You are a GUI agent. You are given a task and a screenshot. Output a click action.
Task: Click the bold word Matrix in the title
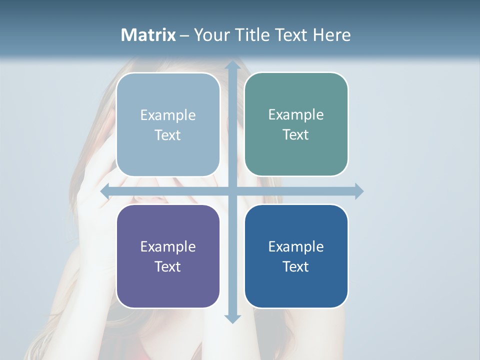tap(148, 35)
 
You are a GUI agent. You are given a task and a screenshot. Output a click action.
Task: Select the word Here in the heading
tap(331, 35)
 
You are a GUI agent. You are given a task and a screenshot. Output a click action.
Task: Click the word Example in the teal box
tap(296, 114)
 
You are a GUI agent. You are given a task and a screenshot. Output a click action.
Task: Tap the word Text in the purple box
tap(167, 266)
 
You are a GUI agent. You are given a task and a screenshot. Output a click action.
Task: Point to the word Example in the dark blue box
tap(296, 246)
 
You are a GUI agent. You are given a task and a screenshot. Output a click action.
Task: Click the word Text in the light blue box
tap(167, 135)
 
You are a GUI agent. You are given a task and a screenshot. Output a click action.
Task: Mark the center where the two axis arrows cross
tap(232, 191)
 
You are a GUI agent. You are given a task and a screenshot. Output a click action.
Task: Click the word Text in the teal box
tap(295, 134)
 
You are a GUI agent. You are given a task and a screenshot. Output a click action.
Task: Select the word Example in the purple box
tap(168, 246)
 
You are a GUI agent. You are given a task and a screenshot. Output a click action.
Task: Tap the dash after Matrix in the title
tap(184, 35)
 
